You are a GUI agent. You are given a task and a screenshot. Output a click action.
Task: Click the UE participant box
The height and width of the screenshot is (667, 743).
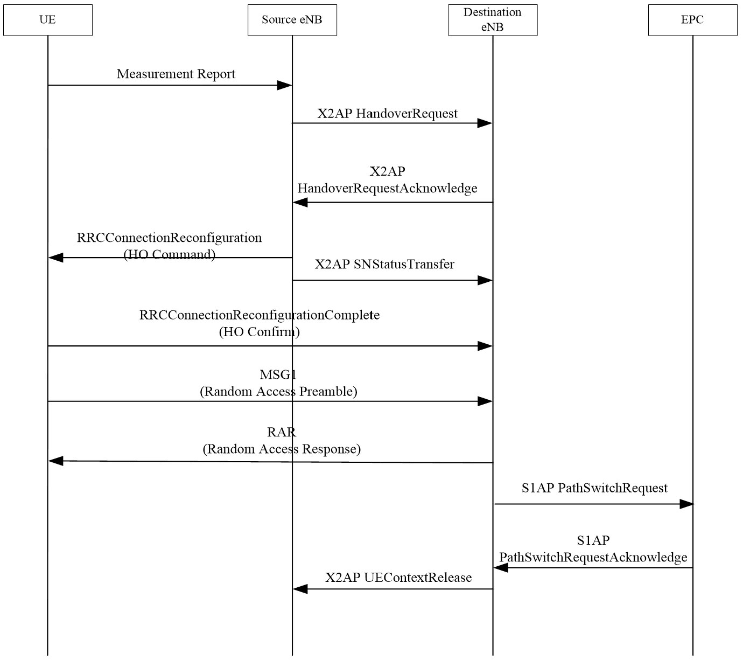(47, 20)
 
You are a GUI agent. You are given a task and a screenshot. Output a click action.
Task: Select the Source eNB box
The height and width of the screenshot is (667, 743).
(292, 20)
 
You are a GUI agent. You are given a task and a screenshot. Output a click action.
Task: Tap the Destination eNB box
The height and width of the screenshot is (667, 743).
(493, 20)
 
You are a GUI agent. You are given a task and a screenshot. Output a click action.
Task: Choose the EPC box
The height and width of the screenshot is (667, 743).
(692, 20)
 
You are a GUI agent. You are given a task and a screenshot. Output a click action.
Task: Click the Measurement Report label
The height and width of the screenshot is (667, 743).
(176, 74)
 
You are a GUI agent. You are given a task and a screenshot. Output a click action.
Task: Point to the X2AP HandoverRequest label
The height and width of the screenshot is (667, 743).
(387, 114)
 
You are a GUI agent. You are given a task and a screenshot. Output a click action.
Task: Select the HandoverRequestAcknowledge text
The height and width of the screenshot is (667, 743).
(387, 189)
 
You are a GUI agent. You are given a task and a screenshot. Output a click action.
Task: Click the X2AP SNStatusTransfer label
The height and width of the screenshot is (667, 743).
(384, 265)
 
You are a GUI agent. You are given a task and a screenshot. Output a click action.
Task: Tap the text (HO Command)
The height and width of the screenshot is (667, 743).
(170, 254)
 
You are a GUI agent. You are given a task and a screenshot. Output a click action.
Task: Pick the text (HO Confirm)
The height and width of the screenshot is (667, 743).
(259, 332)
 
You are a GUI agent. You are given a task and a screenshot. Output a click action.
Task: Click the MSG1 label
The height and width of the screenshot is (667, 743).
(278, 374)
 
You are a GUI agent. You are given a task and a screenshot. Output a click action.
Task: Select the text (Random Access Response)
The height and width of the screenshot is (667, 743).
(282, 449)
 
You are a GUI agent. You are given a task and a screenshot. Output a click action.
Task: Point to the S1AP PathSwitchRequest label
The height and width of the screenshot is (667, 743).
(594, 488)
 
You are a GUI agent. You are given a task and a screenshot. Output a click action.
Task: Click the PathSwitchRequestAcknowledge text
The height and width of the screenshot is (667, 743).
(593, 557)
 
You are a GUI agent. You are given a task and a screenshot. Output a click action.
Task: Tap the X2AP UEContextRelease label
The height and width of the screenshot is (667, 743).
(398, 578)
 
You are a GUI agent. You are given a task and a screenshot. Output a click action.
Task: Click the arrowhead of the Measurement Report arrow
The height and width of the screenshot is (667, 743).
(284, 85)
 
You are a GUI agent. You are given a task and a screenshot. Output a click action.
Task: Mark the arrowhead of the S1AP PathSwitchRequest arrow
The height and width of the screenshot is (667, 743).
(686, 504)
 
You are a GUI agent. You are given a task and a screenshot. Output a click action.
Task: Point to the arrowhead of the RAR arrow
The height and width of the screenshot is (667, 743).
(56, 461)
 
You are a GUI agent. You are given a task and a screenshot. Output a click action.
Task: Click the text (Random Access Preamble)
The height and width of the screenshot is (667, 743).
(278, 392)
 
